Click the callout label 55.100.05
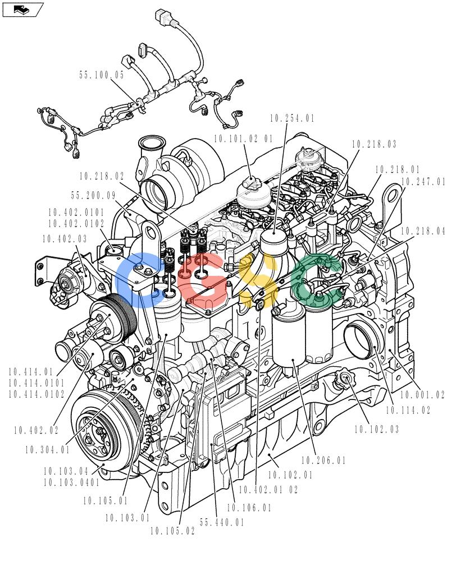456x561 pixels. click(102, 75)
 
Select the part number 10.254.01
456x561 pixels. click(292, 118)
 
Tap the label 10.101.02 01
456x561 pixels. click(244, 139)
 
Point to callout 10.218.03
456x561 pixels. click(374, 144)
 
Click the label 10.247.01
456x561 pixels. click(423, 182)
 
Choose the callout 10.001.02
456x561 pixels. click(422, 395)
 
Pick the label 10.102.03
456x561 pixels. click(376, 429)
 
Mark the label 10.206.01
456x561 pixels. click(323, 460)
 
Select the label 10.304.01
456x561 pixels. click(47, 450)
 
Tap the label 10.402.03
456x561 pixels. click(65, 239)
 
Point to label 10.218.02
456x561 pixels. click(102, 176)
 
